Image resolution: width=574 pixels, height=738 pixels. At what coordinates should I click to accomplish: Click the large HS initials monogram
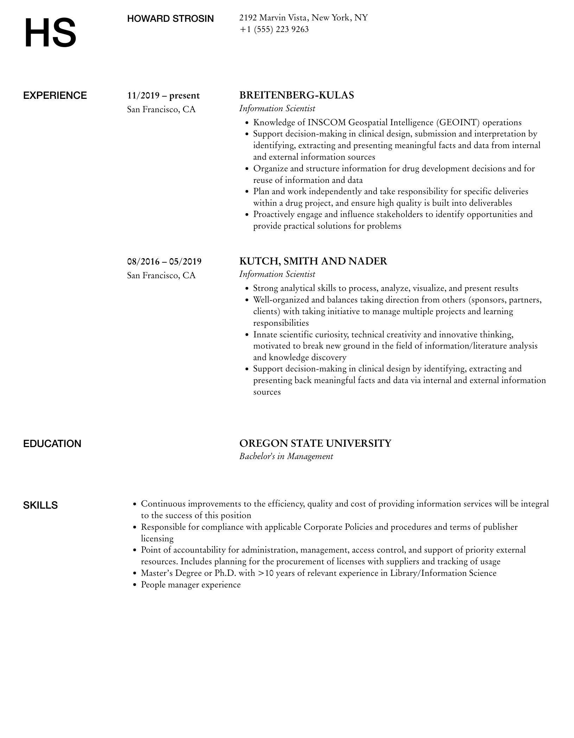[x=50, y=33]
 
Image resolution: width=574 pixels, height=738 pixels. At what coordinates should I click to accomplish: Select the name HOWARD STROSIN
[x=170, y=19]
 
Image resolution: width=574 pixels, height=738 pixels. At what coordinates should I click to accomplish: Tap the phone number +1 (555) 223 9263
[x=274, y=29]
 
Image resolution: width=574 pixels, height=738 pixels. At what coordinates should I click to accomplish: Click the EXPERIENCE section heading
[x=55, y=96]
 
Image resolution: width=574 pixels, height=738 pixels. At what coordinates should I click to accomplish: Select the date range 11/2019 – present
[x=163, y=96]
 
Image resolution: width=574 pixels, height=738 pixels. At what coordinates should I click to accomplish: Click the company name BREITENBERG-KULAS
[x=296, y=95]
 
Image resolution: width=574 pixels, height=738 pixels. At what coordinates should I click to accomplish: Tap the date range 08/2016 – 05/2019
[x=164, y=261]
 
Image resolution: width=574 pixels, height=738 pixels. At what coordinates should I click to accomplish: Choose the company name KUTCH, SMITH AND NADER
[x=313, y=261]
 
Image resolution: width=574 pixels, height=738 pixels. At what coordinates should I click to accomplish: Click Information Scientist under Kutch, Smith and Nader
[x=277, y=274]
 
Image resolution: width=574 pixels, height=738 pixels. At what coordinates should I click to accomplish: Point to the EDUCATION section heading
[x=52, y=444]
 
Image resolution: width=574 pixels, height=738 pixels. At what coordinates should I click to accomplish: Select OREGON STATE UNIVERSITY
[x=315, y=443]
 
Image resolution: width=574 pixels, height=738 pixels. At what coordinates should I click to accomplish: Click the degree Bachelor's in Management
[x=286, y=456]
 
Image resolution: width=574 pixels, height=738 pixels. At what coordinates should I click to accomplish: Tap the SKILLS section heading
[x=40, y=505]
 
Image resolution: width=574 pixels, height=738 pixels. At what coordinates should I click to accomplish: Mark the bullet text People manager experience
[x=191, y=585]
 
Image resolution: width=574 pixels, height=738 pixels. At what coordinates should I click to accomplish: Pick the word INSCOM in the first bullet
[x=326, y=122]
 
